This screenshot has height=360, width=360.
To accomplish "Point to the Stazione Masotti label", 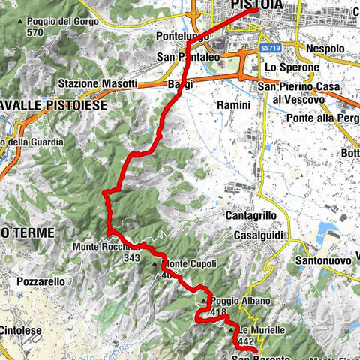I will (x=98, y=82).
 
